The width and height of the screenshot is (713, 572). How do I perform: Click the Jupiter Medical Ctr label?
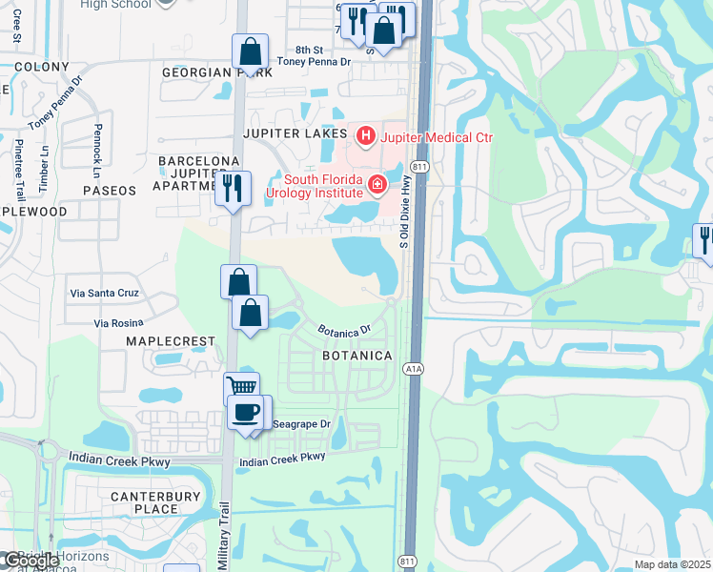437,137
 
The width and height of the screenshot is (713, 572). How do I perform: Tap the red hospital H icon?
365,137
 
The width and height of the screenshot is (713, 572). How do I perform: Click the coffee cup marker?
248,412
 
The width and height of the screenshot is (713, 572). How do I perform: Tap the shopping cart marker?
242,387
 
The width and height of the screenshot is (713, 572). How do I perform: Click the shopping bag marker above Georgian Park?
250,51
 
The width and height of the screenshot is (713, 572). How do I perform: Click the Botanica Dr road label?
343,331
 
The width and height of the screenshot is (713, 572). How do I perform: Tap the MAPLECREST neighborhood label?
165,340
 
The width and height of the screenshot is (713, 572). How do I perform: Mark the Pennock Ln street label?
97,151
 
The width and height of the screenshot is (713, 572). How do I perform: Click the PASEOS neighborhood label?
110,191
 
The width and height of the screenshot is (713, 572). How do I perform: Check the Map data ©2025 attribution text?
673,564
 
